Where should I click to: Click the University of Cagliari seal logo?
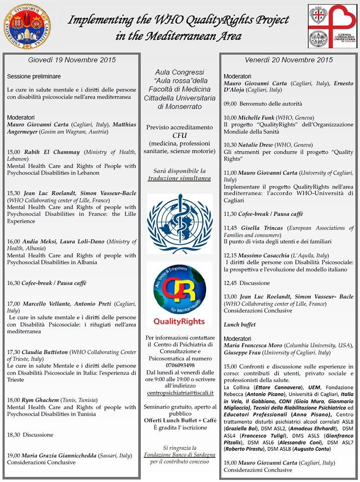27,26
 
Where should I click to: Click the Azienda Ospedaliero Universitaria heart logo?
332,26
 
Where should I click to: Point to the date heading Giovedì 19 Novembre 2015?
72,60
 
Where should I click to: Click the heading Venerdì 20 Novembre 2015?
289,60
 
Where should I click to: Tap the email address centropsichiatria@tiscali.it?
179,393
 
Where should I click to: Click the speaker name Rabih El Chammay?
52,152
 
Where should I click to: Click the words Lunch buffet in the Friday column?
240,325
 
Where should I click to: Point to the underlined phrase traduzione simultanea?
179,178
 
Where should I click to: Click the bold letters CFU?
179,135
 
